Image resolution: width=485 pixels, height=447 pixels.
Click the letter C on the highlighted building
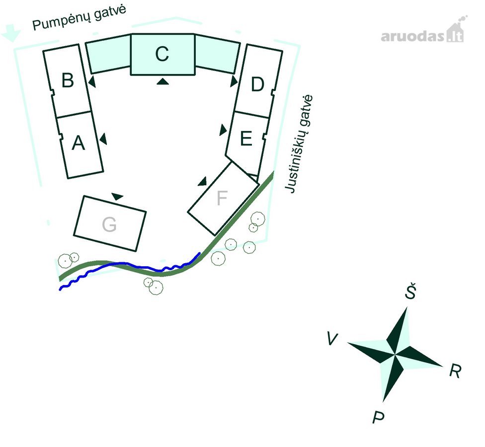point(162,54)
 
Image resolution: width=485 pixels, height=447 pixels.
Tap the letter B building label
point(68,80)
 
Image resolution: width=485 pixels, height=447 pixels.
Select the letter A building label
point(78,143)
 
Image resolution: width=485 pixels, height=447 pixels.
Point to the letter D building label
point(257,84)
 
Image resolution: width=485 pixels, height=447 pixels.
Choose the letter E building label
point(246,138)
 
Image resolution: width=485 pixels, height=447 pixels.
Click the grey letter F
point(222,198)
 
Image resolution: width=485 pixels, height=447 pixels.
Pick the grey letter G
point(109,224)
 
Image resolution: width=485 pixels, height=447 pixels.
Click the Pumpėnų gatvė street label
point(80,17)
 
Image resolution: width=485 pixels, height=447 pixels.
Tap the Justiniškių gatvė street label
point(299,144)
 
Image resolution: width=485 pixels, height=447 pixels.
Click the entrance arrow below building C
point(162,81)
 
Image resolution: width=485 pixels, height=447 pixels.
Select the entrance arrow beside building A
point(103,139)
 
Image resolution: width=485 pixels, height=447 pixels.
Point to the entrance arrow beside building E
point(223,130)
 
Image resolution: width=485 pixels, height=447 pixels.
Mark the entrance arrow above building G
point(117,197)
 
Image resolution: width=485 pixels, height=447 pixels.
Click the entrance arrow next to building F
point(203,182)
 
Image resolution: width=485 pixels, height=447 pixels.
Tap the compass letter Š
point(411,291)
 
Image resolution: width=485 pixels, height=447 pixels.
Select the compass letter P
point(378,417)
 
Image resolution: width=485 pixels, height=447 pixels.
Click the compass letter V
point(332,339)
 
